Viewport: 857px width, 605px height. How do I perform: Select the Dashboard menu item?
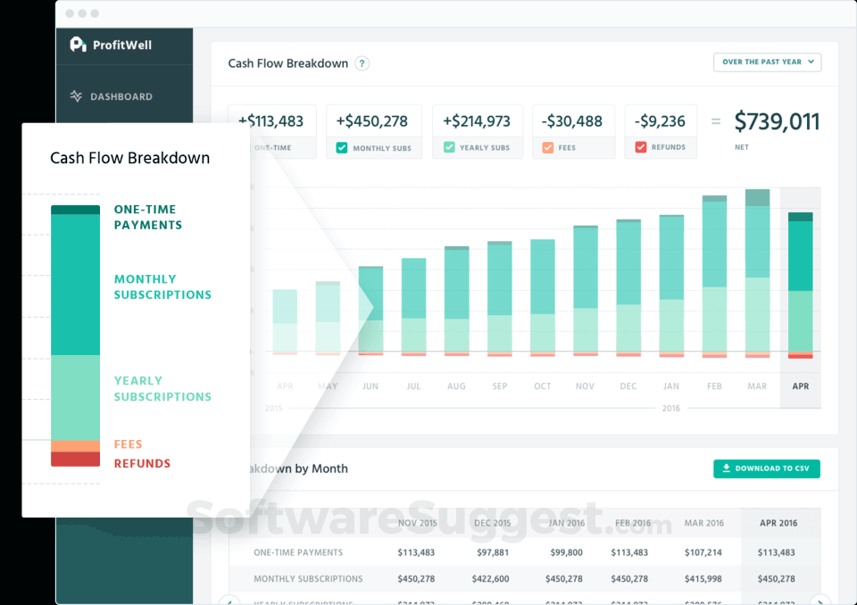tap(121, 96)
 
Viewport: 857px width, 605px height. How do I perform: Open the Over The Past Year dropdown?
tap(767, 62)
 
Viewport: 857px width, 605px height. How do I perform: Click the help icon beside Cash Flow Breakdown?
tap(362, 63)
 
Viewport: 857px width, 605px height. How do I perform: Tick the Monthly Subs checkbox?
tap(342, 148)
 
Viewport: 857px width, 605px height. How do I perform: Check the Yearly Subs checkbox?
tap(449, 148)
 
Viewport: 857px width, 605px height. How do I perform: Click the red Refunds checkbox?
tap(640, 148)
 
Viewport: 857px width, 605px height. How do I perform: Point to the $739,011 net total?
tap(777, 122)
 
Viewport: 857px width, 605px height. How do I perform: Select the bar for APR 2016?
tap(800, 286)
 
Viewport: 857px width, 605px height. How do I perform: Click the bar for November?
tap(586, 290)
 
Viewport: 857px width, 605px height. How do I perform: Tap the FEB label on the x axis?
tap(714, 386)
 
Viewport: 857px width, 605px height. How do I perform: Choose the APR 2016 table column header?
tap(778, 523)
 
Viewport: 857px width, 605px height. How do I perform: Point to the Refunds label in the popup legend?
tap(142, 463)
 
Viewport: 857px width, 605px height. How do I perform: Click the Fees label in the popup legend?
tap(128, 444)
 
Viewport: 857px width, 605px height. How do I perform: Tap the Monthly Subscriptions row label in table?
tap(308, 579)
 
